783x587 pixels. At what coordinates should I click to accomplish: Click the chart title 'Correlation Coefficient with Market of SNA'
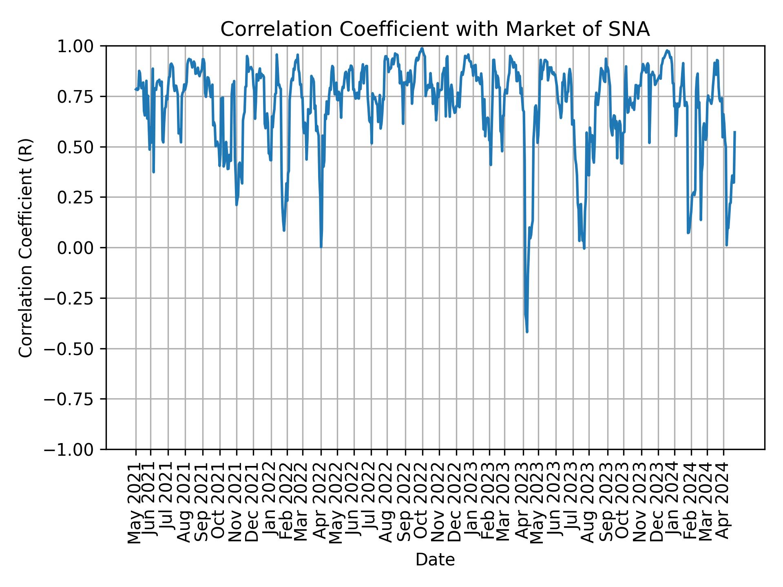[435, 29]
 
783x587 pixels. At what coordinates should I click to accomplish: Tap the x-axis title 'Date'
[435, 560]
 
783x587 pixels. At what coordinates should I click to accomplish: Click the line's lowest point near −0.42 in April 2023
[527, 332]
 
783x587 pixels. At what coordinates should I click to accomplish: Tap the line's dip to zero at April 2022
[321, 247]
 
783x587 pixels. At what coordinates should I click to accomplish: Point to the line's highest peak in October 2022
[422, 48]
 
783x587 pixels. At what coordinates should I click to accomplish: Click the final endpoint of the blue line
[734, 132]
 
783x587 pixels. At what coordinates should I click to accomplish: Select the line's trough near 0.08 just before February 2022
[284, 231]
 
